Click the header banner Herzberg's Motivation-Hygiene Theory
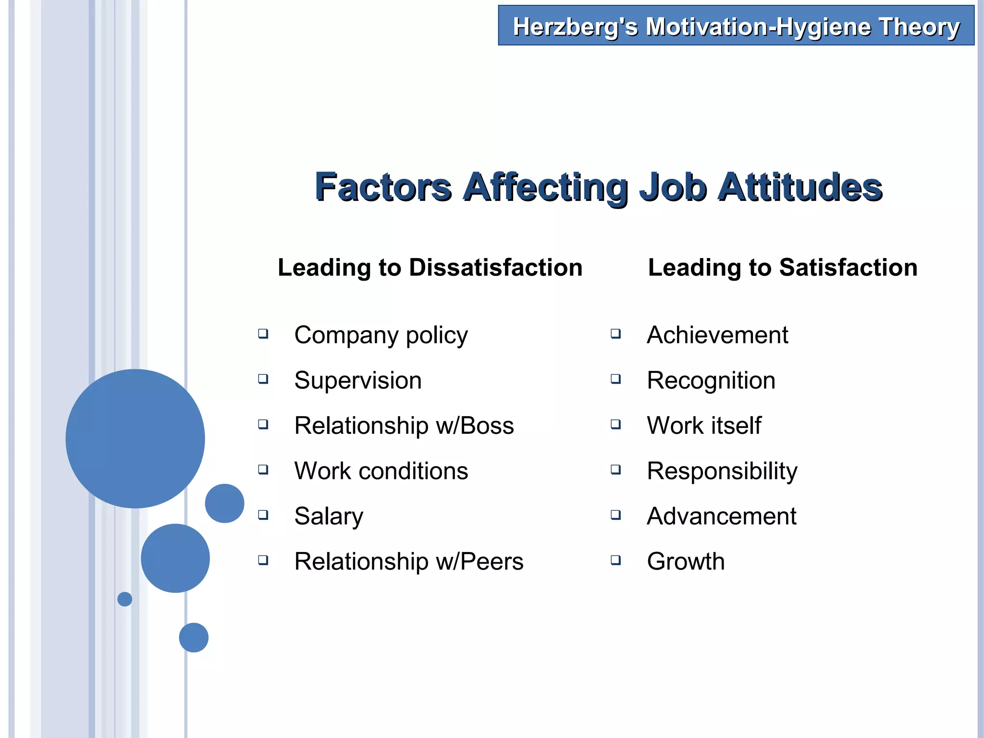(736, 26)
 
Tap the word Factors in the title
(383, 187)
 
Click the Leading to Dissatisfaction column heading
(430, 267)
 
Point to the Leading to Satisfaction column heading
(783, 267)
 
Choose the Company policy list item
(381, 335)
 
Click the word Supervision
(358, 381)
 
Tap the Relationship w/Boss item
(404, 426)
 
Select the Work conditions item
(381, 471)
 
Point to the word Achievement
(717, 335)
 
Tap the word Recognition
(711, 381)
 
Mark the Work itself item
(704, 426)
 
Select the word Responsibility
(722, 471)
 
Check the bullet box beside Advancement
(615, 515)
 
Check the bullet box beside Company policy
(263, 333)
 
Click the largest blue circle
(135, 438)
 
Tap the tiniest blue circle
(124, 599)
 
